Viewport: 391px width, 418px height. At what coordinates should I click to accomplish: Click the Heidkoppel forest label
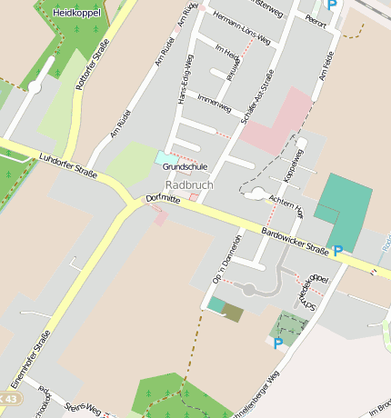[x=76, y=14]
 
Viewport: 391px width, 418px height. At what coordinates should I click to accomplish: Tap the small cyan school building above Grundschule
[x=166, y=158]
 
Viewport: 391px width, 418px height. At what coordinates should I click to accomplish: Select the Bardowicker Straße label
[x=294, y=239]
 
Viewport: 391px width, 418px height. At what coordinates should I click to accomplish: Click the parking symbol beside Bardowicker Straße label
[x=338, y=251]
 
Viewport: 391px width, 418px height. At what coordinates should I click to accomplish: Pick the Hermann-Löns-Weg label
[x=240, y=28]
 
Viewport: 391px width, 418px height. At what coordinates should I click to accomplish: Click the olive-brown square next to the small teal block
[x=234, y=313]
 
